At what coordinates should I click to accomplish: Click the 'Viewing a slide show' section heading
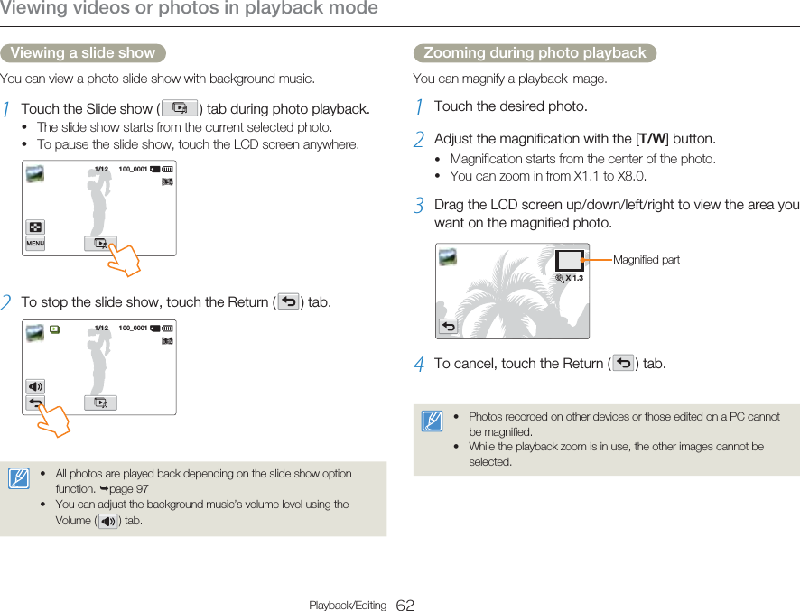tap(82, 53)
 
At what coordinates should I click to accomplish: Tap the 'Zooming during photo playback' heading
tap(535, 53)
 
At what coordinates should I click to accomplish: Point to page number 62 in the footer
tap(405, 605)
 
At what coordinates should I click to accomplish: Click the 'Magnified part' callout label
tap(647, 260)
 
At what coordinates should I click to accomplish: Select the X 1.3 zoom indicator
tap(571, 279)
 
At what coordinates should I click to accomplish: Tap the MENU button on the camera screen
tap(35, 244)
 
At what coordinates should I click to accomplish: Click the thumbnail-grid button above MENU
tap(35, 227)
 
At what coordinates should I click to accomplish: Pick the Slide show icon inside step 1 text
tap(181, 109)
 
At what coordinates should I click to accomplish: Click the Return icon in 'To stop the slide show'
tap(289, 301)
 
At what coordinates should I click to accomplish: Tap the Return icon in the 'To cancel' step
tap(623, 364)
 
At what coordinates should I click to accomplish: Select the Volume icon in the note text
tap(107, 521)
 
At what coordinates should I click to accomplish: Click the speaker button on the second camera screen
tap(35, 386)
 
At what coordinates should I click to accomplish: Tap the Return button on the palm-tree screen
tap(449, 326)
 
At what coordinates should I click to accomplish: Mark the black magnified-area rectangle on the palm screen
tap(569, 260)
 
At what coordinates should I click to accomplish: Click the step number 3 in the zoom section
tap(419, 206)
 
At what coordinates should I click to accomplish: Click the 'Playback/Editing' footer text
tap(348, 605)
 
